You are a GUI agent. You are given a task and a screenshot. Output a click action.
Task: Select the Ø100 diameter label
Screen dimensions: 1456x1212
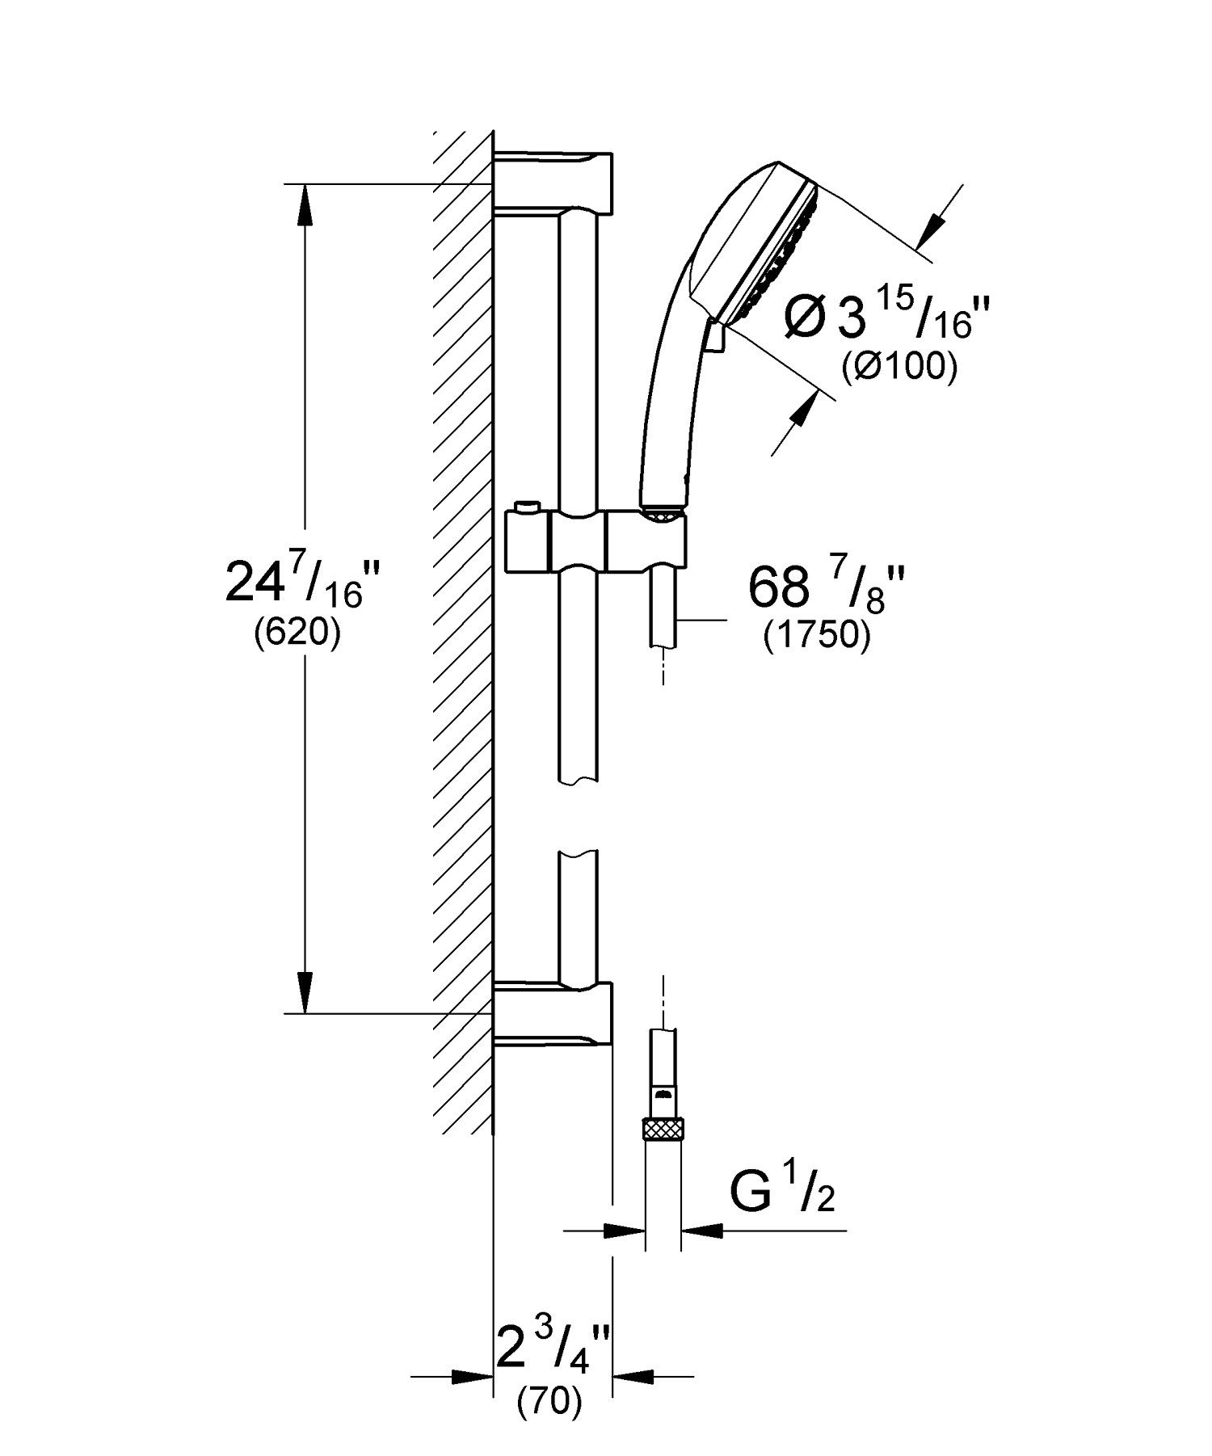coord(898,368)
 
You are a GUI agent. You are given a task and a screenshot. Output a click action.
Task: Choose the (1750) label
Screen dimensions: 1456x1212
coord(817,636)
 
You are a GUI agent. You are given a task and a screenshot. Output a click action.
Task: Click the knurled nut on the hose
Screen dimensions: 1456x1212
coord(663,1128)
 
